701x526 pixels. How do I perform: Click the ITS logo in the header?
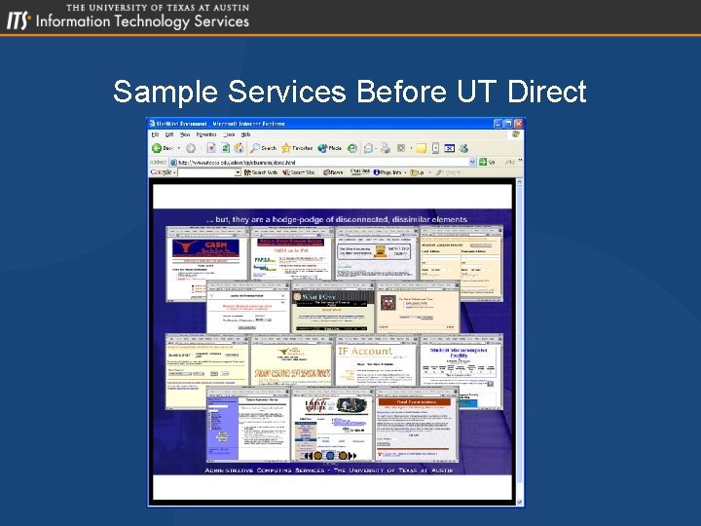click(18, 20)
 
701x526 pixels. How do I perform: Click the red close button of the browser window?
click(519, 123)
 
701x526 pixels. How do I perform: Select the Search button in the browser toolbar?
click(264, 148)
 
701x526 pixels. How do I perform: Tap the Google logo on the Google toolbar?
click(162, 171)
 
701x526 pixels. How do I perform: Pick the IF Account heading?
click(365, 351)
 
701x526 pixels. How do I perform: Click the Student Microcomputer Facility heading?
click(462, 354)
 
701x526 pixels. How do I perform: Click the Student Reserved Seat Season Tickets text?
click(292, 373)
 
